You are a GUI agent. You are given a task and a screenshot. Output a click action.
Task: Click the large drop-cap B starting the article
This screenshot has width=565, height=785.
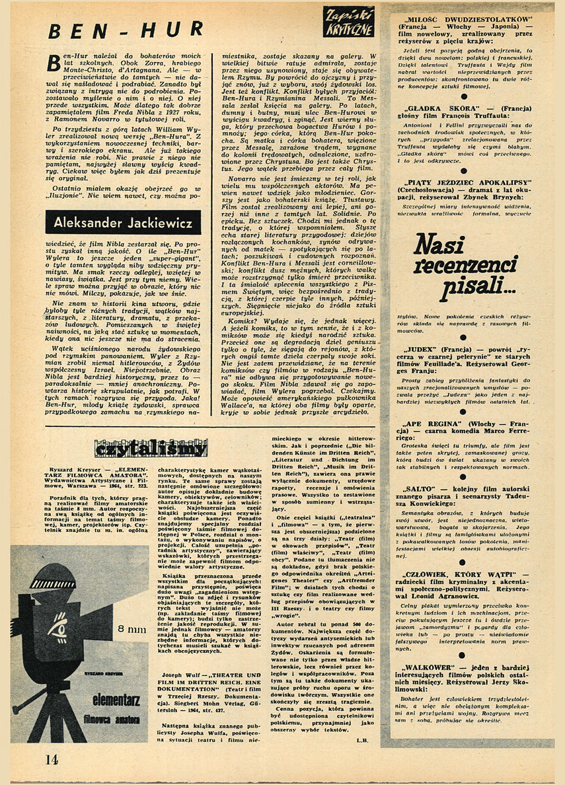pos(57,64)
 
